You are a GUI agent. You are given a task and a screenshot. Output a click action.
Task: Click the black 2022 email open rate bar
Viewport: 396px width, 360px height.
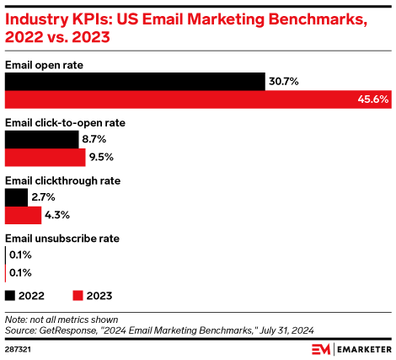coord(135,81)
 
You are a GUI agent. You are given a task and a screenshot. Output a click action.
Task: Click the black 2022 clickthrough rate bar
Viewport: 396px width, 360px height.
coord(16,196)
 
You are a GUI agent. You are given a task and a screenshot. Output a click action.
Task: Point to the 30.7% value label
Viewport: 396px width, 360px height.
coord(285,81)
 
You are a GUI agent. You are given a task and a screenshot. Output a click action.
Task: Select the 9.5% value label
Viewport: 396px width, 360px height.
coord(103,157)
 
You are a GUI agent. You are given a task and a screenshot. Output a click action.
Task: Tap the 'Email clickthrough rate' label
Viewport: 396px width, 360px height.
coord(63,180)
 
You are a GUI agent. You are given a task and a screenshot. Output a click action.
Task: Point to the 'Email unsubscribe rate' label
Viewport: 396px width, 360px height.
coord(62,239)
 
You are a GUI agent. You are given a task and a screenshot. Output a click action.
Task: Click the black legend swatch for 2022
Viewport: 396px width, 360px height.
coord(11,296)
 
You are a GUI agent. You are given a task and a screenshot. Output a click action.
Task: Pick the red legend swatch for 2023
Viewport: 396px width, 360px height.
coord(78,296)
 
